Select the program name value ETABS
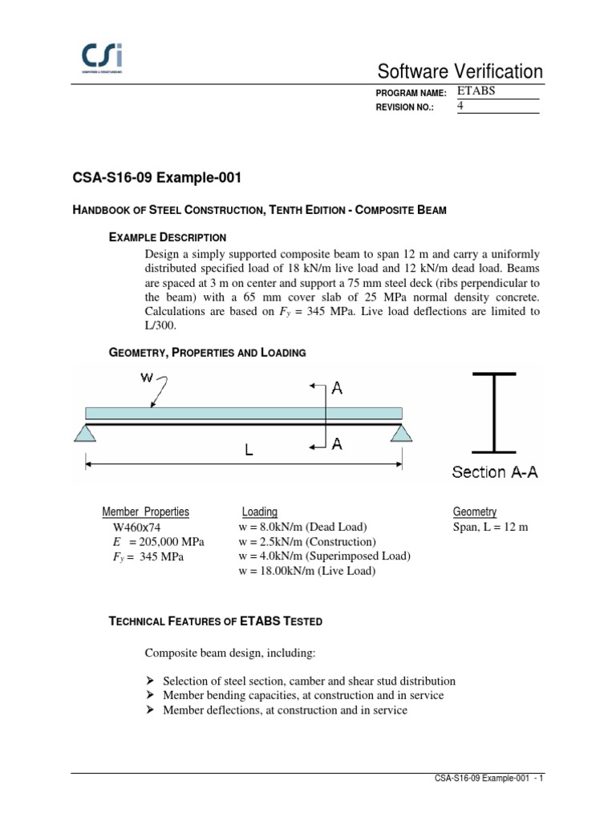[476, 91]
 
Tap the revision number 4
[461, 107]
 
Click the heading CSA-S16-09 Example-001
[156, 176]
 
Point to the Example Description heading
[167, 237]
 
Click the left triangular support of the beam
[86, 433]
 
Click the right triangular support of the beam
[403, 433]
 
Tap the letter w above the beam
[148, 377]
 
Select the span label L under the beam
[249, 451]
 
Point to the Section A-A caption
[495, 472]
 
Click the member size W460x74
[143, 528]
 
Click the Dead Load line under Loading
[302, 527]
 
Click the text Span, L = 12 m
[491, 527]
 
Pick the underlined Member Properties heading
[146, 512]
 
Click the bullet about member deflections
[285, 710]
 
